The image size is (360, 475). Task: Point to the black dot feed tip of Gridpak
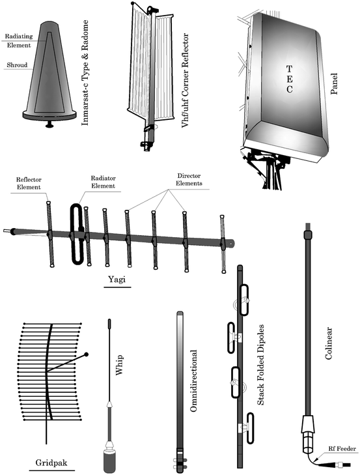coord(87,354)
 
